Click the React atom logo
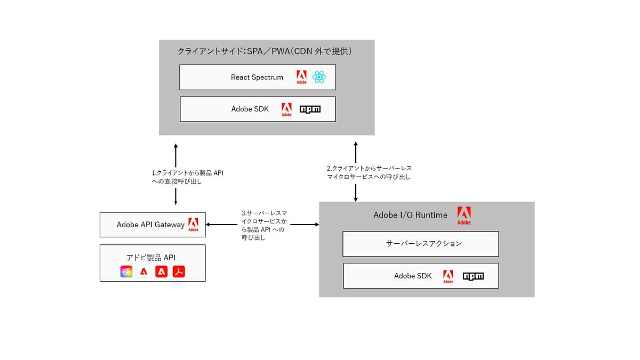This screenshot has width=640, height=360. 319,77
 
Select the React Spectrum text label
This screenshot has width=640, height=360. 257,77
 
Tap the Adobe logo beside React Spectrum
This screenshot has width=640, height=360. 301,77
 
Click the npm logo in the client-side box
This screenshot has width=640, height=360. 310,109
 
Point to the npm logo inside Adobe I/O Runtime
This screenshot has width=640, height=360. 473,276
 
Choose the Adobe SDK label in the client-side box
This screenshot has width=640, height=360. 250,109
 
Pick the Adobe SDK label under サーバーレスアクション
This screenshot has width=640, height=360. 413,276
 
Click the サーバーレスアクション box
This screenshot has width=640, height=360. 420,244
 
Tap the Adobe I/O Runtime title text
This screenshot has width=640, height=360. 410,215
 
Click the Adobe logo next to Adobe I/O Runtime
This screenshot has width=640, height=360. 463,215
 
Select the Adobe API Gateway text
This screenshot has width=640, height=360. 150,225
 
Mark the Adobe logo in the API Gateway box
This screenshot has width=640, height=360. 193,225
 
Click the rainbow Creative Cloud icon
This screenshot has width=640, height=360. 126,272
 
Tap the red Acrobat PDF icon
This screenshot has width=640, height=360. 179,272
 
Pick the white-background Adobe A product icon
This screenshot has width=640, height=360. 143,272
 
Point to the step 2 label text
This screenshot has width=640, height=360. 369,172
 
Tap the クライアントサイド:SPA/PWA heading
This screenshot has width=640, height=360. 265,52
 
